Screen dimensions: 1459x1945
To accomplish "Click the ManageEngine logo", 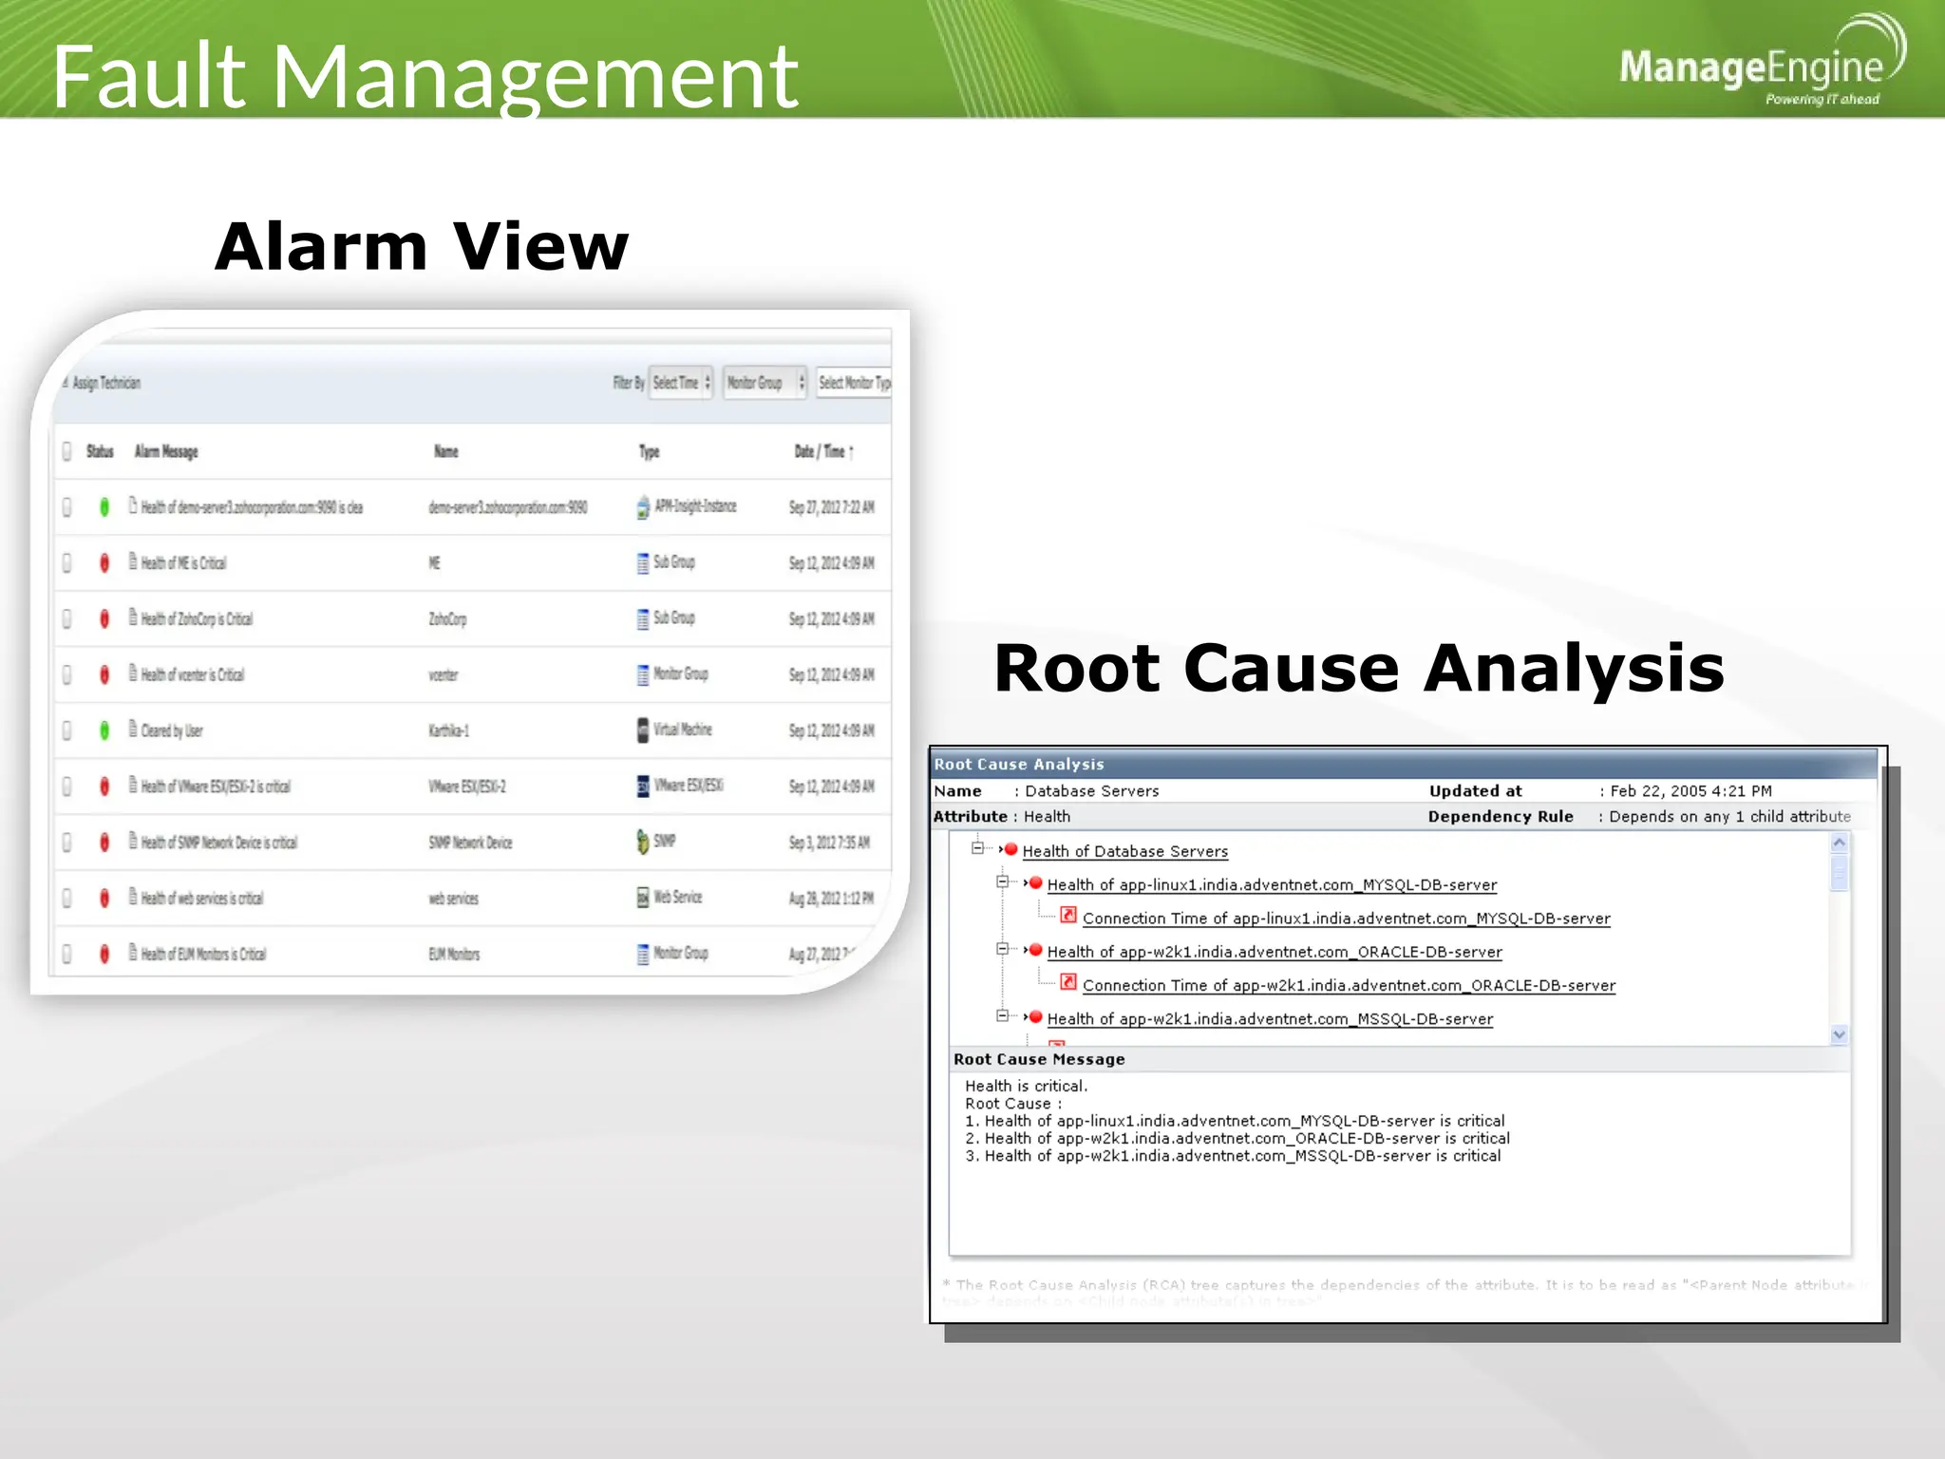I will click(1757, 66).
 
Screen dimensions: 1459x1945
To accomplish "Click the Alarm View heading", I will click(421, 247).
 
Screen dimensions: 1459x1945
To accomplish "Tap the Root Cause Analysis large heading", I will click(1358, 668).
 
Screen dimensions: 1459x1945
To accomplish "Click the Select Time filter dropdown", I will click(681, 383).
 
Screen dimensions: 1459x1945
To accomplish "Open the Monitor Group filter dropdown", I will click(765, 383).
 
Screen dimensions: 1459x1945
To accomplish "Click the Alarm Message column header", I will click(166, 452).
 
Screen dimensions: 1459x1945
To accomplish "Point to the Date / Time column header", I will click(822, 452).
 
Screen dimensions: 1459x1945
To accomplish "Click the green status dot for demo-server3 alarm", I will click(104, 507).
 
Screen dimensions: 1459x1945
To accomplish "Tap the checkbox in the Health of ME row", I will click(67, 563).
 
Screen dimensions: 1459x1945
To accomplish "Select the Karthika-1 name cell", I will click(448, 730).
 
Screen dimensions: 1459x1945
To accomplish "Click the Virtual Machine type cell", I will click(682, 729).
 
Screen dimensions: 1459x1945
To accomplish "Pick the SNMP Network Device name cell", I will click(470, 843).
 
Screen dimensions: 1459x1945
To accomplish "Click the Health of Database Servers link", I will click(1124, 852).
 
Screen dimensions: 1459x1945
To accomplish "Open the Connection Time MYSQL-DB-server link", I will click(1346, 919).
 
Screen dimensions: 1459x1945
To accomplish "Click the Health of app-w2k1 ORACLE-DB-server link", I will click(1274, 952).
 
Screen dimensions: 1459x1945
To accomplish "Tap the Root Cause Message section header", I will click(1039, 1059).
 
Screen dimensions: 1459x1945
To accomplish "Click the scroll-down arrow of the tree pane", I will click(1839, 1034).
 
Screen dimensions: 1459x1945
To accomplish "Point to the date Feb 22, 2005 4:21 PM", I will click(1690, 791).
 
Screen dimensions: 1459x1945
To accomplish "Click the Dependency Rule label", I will click(1501, 817).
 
